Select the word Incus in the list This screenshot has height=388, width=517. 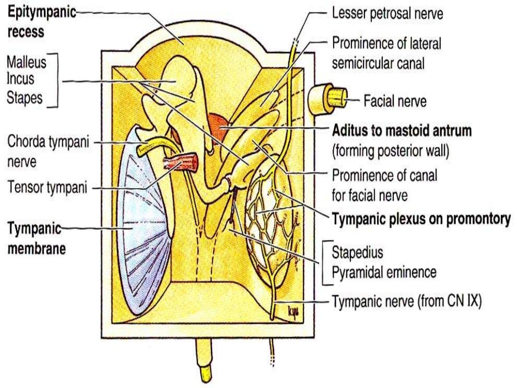click(22, 80)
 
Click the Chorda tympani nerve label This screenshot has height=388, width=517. click(47, 151)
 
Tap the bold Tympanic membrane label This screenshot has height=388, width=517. click(36, 238)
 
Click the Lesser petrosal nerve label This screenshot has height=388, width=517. click(387, 14)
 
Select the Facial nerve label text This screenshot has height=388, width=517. click(395, 101)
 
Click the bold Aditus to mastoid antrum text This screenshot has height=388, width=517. click(401, 131)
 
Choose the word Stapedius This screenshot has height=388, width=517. click(357, 252)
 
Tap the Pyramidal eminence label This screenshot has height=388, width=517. click(384, 272)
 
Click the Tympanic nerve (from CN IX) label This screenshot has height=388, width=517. click(407, 302)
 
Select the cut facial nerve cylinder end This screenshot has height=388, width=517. click(335, 96)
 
